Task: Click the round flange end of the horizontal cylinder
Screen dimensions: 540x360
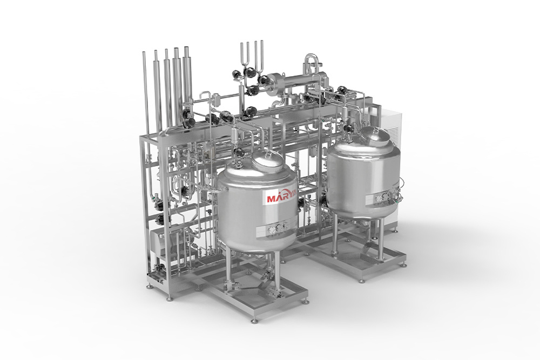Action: coord(272,83)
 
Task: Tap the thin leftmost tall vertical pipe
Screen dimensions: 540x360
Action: coord(146,93)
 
